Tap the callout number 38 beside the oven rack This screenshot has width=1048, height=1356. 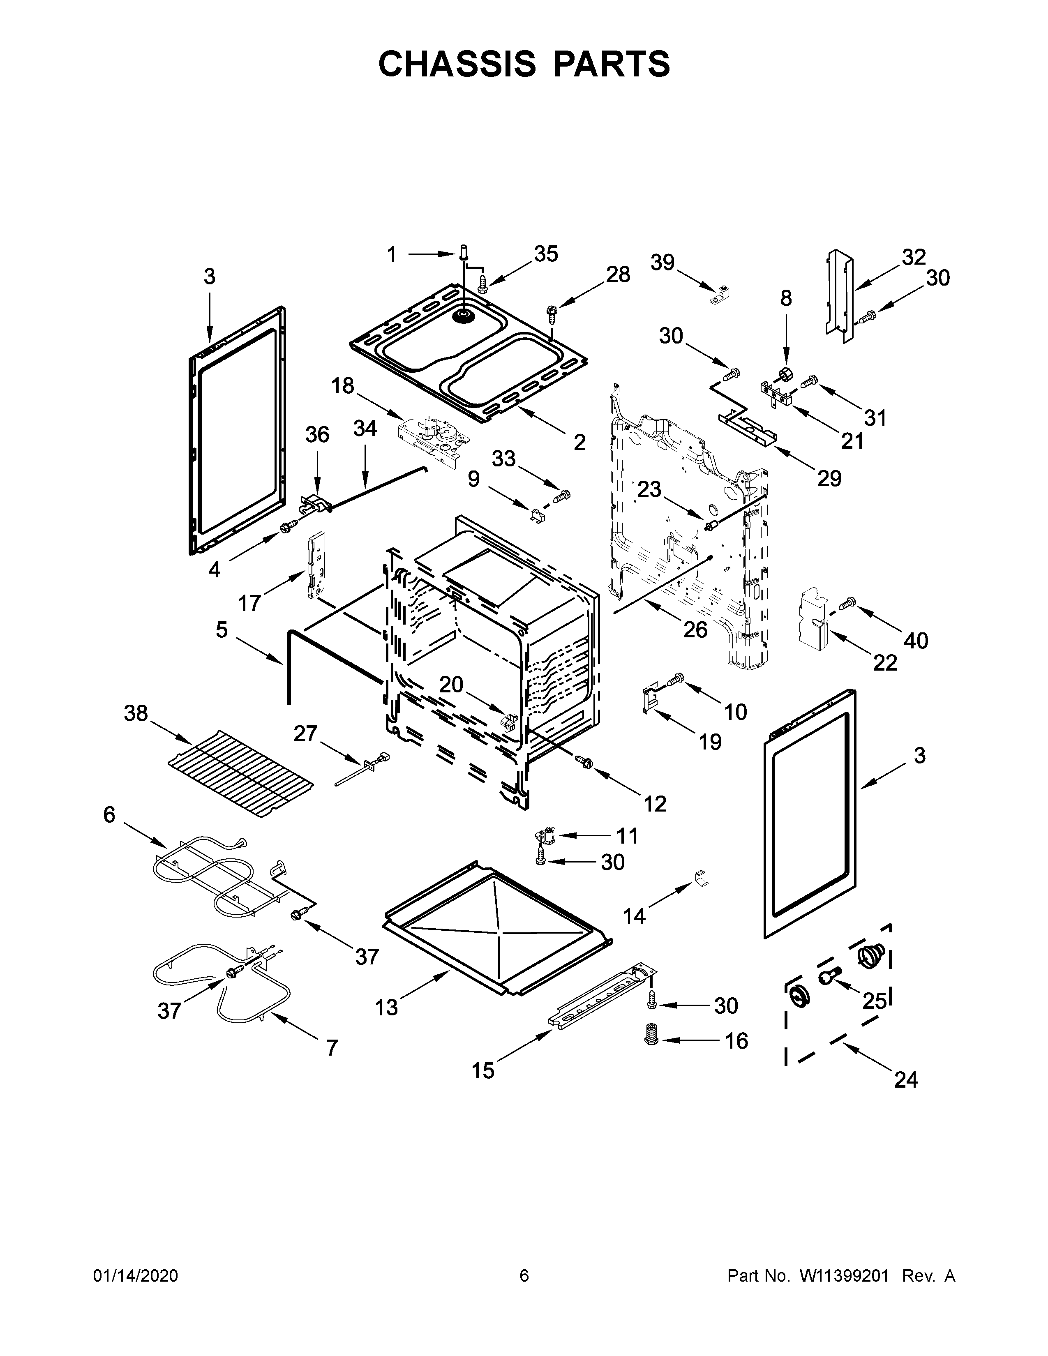pos(136,713)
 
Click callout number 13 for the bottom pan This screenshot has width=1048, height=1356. pos(386,1007)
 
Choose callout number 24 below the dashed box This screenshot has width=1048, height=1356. pos(906,1080)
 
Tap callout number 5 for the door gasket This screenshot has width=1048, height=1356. pos(222,630)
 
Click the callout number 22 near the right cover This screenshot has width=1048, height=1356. pos(885,662)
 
